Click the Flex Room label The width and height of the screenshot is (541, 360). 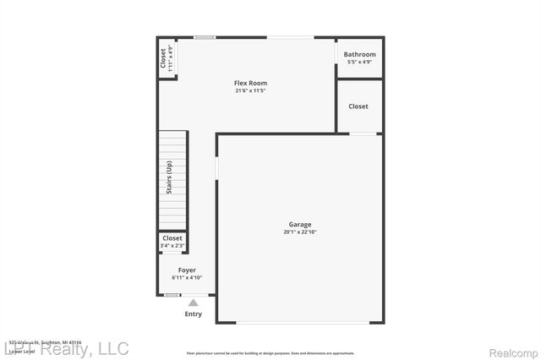pyautogui.click(x=251, y=83)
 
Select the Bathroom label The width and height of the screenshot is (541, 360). pyautogui.click(x=359, y=55)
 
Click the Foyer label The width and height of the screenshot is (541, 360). pyautogui.click(x=187, y=270)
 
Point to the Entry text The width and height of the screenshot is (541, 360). pyautogui.click(x=194, y=314)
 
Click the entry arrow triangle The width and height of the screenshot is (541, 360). pyautogui.click(x=194, y=303)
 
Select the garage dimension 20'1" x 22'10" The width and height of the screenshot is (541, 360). pyautogui.click(x=300, y=232)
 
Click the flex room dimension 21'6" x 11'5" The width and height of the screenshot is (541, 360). pyautogui.click(x=251, y=91)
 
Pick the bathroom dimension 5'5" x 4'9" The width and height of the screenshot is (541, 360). pyautogui.click(x=359, y=63)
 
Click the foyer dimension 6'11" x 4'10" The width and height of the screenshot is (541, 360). pyautogui.click(x=187, y=277)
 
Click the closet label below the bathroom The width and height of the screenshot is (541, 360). pyautogui.click(x=358, y=106)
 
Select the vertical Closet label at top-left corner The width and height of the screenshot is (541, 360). pyautogui.click(x=163, y=59)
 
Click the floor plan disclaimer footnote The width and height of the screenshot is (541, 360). pyautogui.click(x=270, y=352)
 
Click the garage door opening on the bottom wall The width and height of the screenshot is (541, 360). pyautogui.click(x=300, y=322)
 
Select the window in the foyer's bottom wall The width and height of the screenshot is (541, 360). pyautogui.click(x=172, y=295)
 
